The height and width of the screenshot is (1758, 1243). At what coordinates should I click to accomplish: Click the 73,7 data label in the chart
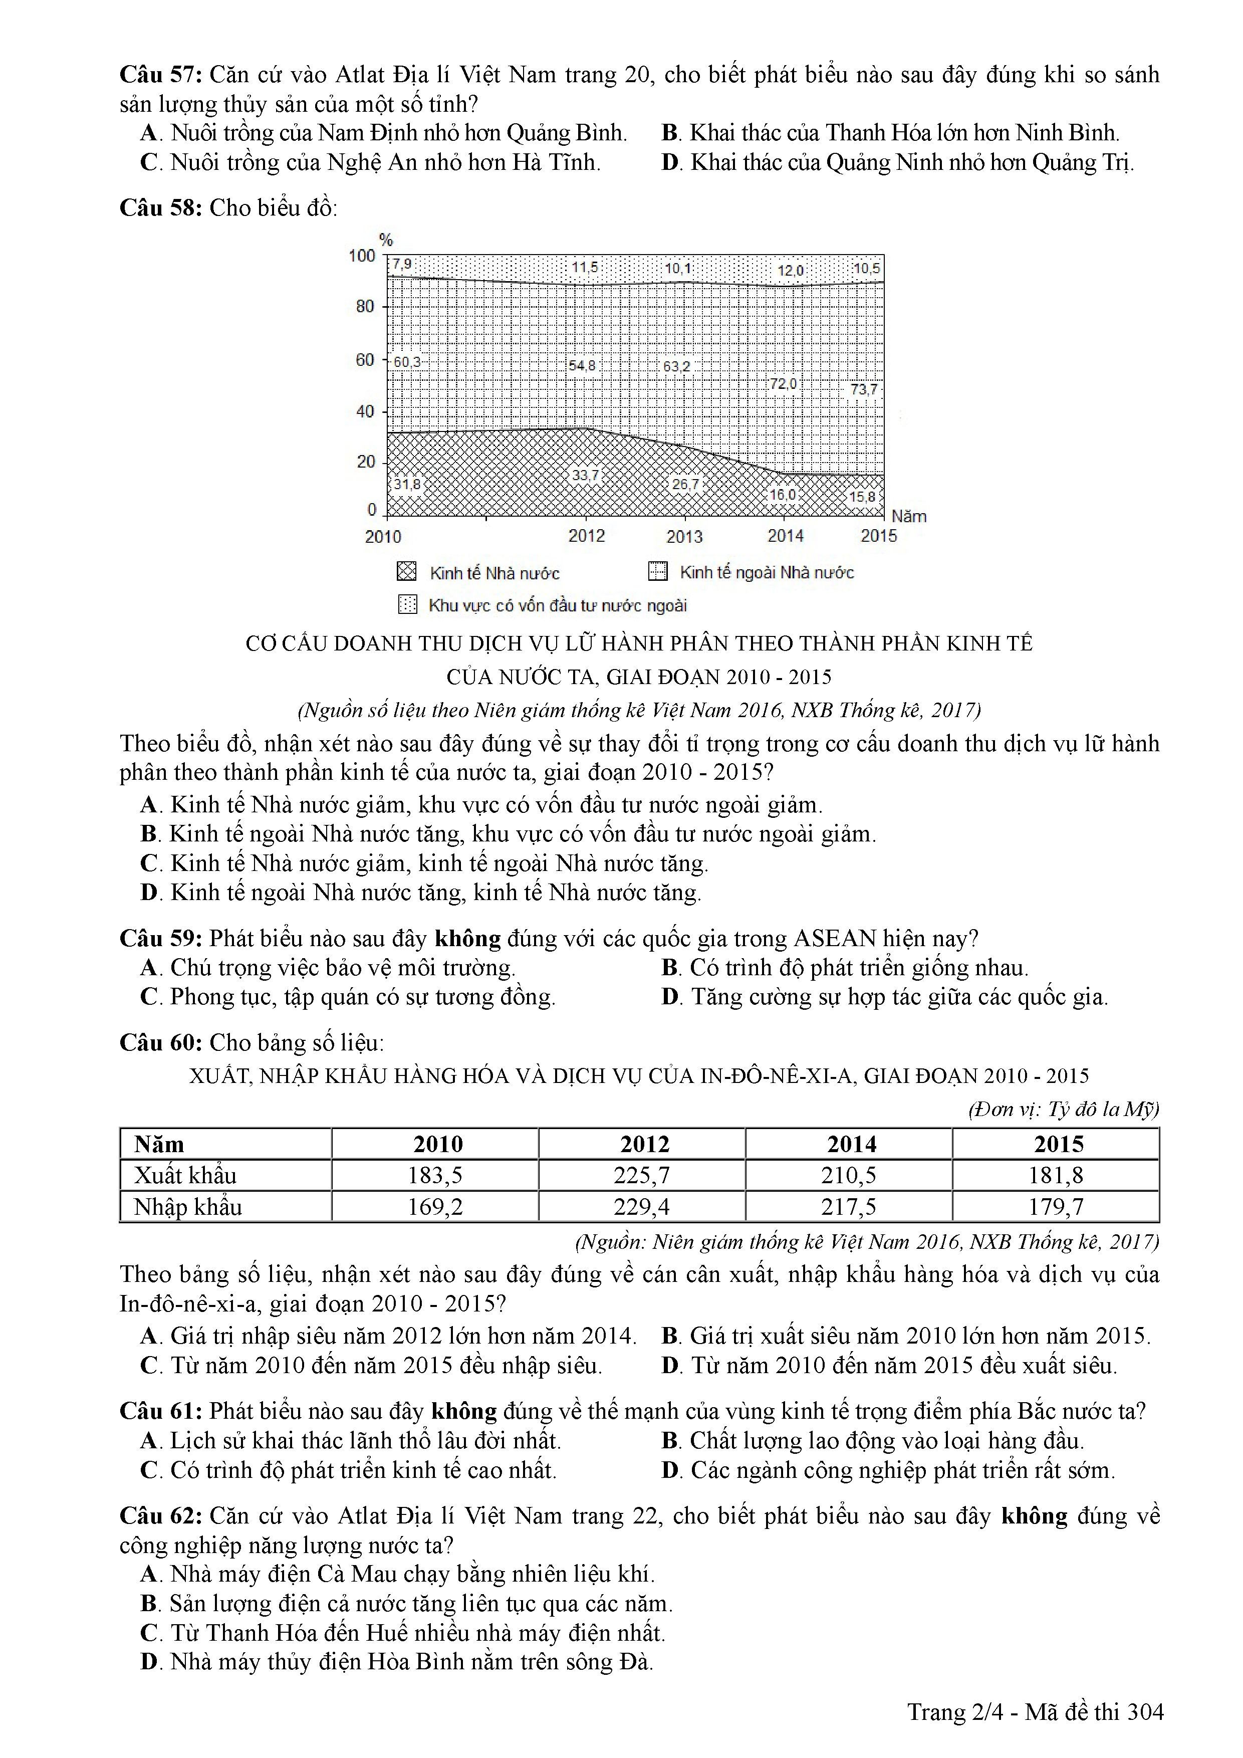863,389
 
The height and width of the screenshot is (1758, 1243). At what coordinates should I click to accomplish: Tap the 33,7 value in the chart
586,476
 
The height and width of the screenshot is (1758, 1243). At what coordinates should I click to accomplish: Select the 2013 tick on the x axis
684,536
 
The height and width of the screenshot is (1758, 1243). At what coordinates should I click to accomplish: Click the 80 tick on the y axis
365,306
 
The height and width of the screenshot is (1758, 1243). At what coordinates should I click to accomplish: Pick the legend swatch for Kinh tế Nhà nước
407,572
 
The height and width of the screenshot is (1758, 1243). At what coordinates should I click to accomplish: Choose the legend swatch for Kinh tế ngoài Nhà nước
657,571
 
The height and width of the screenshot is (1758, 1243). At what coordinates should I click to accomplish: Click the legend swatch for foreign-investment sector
407,605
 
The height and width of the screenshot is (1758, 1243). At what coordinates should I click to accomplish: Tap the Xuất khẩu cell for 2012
641,1175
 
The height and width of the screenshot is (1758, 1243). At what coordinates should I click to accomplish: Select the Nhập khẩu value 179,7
1056,1207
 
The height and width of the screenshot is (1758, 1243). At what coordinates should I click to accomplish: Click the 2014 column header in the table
851,1144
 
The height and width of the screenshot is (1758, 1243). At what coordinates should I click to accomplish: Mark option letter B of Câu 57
670,133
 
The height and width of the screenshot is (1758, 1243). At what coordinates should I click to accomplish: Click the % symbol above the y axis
386,241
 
